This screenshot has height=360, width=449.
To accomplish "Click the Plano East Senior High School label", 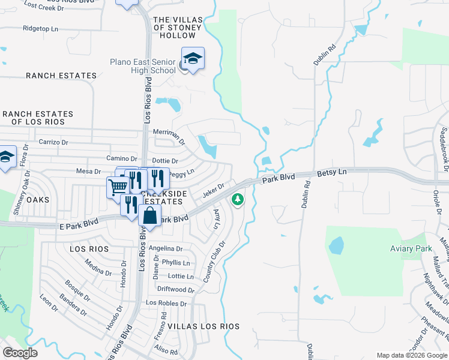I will point(143,66).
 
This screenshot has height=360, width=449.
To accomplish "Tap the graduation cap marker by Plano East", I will point(193,59).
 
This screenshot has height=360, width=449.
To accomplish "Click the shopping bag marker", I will point(149,215).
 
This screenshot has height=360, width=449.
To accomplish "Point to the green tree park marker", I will point(238,199).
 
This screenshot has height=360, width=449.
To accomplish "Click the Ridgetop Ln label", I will point(40,28).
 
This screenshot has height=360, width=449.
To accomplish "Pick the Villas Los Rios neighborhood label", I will point(203,326).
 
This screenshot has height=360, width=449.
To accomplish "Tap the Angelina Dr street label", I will point(166,248).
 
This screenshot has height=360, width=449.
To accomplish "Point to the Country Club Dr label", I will point(214,262).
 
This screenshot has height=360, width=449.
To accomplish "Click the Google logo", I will point(20,353).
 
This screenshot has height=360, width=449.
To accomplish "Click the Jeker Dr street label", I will point(213,190).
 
